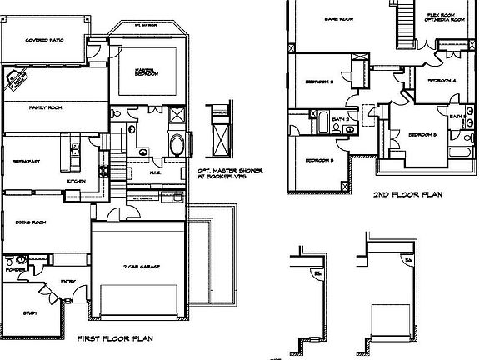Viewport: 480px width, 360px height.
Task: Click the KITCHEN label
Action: click(76, 181)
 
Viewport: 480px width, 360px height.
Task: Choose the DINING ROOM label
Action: click(31, 222)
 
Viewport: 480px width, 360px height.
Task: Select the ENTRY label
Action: click(68, 282)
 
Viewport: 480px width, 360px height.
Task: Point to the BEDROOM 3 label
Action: click(319, 82)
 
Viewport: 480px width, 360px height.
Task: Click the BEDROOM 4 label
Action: click(442, 80)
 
